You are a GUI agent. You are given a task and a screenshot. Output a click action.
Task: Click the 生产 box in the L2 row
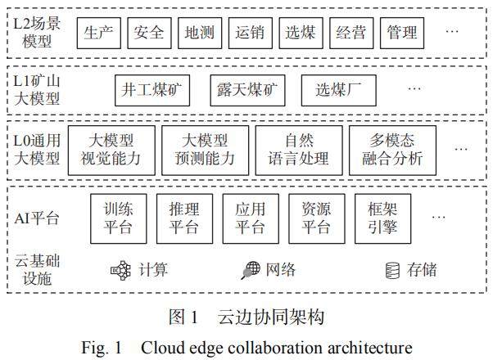100,33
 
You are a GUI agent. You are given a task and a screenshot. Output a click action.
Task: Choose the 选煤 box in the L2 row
301,33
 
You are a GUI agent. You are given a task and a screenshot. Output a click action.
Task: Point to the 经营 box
351,33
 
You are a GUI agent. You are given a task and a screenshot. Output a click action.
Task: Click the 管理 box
402,33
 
